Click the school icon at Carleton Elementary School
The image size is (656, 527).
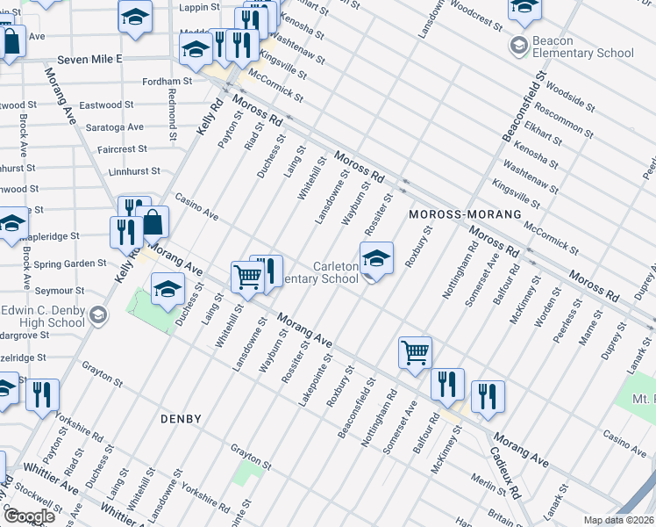click(x=375, y=259)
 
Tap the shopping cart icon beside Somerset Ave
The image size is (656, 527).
click(x=415, y=353)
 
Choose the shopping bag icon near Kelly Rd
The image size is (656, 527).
click(x=153, y=223)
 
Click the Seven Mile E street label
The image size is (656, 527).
click(x=91, y=59)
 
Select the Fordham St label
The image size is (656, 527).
click(x=168, y=82)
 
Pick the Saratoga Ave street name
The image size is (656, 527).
click(x=115, y=127)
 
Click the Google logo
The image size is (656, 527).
click(x=28, y=516)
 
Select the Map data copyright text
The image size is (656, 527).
click(x=619, y=520)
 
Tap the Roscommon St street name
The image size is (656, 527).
click(x=564, y=125)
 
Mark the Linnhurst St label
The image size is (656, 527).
click(x=131, y=172)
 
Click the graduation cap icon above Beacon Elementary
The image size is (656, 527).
click(x=524, y=8)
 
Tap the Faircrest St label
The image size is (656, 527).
click(x=122, y=149)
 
